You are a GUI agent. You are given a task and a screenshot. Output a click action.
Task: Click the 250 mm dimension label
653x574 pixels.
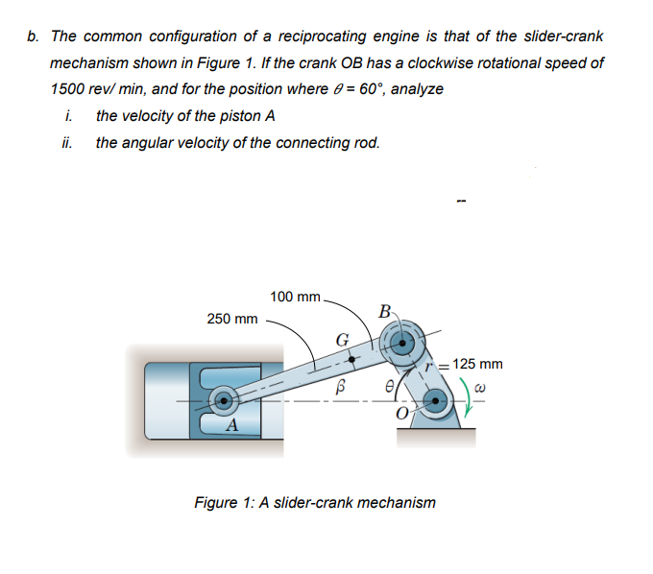coord(232,319)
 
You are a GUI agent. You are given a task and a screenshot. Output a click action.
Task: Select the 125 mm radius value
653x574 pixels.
coord(477,365)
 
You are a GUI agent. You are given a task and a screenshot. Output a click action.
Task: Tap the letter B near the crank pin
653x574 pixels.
coord(384,311)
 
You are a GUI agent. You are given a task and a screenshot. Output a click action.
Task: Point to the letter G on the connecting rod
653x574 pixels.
coord(341,338)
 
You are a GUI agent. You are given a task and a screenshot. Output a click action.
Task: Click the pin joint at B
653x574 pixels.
coord(398,340)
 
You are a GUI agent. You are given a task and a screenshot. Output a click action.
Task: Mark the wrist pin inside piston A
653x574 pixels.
coord(224,397)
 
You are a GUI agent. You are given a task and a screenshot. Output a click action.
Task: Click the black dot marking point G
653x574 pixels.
coord(352,362)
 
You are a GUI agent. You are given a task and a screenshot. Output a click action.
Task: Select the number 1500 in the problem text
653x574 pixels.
coord(68,88)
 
